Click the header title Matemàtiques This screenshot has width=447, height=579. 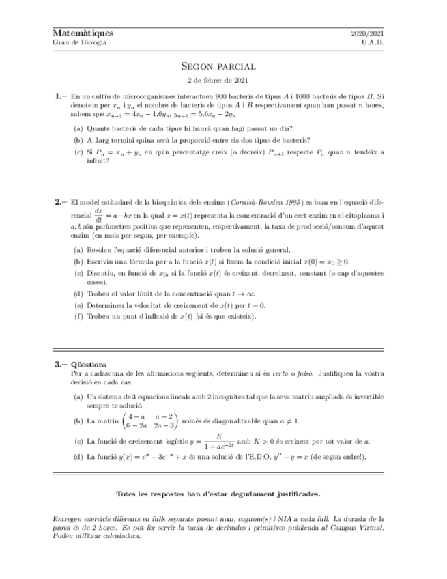83,33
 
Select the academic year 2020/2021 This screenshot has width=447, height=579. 367,33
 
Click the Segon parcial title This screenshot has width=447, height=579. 218,67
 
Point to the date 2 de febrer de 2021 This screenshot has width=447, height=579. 218,81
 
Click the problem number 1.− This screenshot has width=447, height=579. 60,97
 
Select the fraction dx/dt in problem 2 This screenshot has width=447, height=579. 98,215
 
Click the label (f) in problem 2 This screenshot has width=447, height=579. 78,317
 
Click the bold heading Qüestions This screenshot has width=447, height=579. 88,365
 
